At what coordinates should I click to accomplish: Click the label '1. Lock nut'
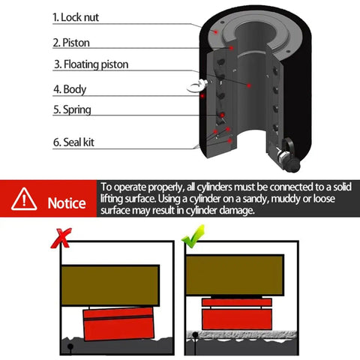(x=76, y=17)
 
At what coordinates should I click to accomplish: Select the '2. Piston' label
(x=71, y=43)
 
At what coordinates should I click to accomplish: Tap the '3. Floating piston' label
(x=91, y=64)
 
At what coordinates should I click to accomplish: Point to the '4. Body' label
(x=70, y=89)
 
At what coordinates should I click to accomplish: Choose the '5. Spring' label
(x=72, y=109)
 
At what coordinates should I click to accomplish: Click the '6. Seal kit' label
(x=73, y=142)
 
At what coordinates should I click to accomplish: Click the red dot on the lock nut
(x=216, y=31)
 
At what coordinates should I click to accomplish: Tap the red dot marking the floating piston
(x=249, y=85)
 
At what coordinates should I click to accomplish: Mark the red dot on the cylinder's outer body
(x=202, y=96)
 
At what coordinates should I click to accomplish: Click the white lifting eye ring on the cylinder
(x=196, y=86)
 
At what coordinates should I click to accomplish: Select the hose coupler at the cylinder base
(x=288, y=154)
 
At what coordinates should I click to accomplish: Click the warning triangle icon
(x=24, y=199)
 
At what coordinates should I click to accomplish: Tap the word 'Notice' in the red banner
(x=67, y=203)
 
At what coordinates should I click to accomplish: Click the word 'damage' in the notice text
(x=237, y=210)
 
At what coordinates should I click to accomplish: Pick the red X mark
(x=61, y=238)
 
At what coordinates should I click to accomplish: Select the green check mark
(x=193, y=236)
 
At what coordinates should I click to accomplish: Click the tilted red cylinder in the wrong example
(x=118, y=323)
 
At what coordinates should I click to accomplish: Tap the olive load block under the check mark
(x=235, y=275)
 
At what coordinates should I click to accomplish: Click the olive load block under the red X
(x=110, y=285)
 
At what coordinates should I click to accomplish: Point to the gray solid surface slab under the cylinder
(x=241, y=334)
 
